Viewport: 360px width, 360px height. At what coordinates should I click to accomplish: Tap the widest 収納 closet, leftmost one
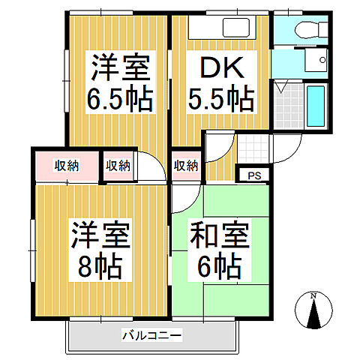67,165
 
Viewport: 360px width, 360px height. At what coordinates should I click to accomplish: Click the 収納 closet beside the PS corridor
186,165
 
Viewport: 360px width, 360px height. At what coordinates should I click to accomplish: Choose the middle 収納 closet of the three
118,165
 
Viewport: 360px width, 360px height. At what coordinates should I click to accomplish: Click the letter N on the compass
316,295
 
